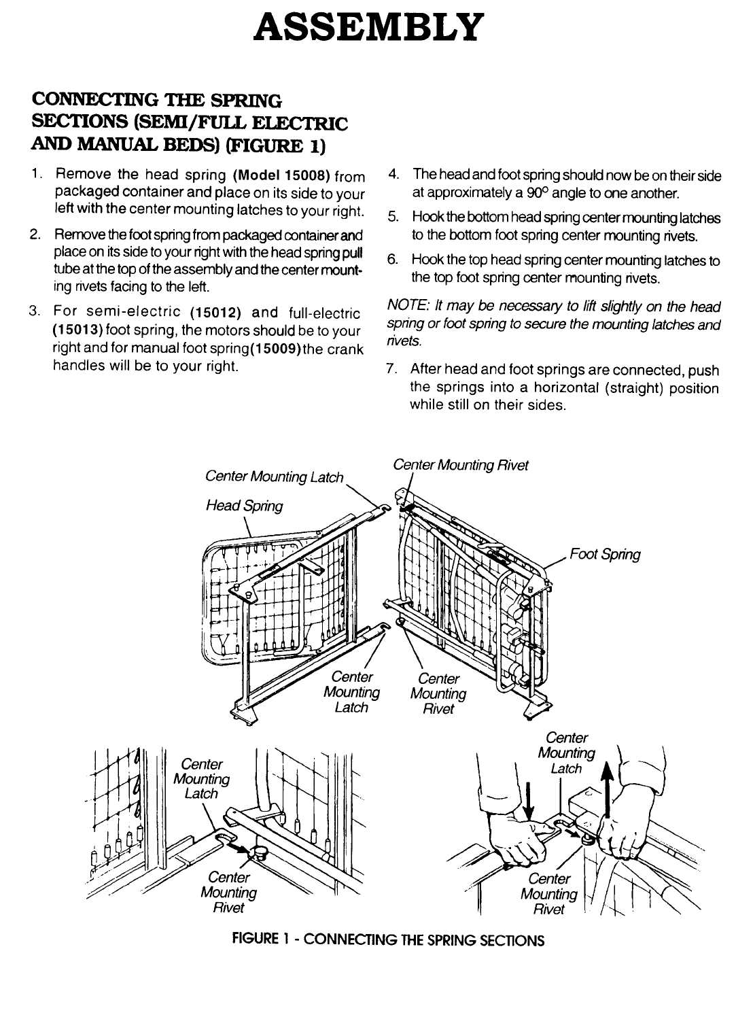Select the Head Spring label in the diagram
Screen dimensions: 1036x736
(x=244, y=505)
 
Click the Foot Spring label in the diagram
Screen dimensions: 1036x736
(x=605, y=554)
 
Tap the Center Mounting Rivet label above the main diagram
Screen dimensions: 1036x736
(x=460, y=465)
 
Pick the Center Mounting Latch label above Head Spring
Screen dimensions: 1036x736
(x=274, y=477)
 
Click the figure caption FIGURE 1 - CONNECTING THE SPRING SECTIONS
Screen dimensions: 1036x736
(x=388, y=942)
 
